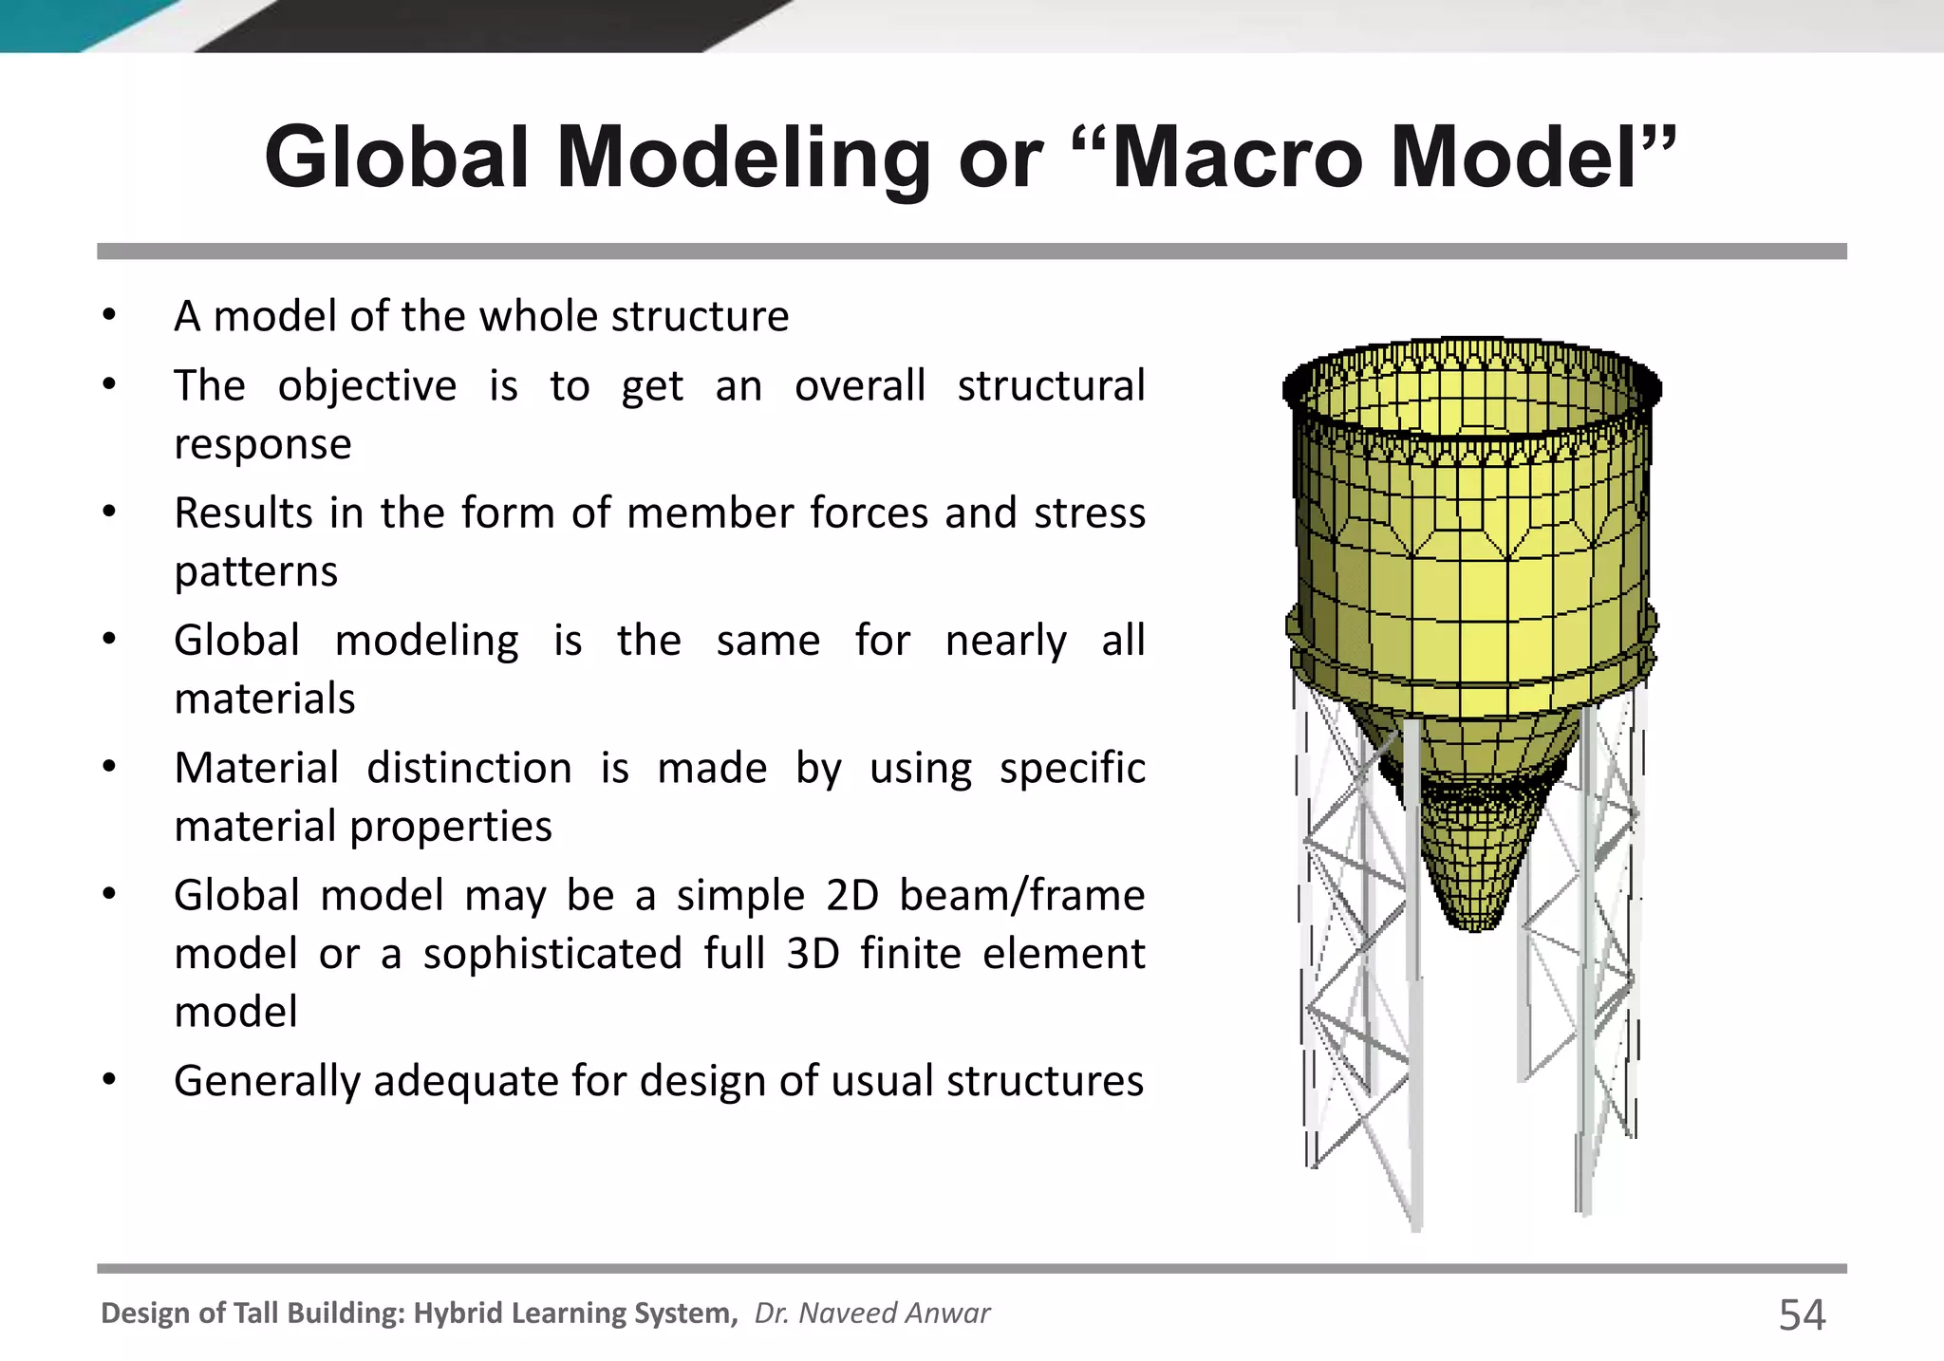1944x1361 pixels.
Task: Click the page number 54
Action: click(1801, 1314)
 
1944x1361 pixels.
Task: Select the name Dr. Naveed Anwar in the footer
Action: click(871, 1313)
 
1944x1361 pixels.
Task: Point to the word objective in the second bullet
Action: click(366, 386)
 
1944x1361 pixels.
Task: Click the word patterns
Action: click(256, 571)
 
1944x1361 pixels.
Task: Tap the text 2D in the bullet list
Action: click(852, 895)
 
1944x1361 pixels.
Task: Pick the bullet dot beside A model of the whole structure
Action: click(109, 315)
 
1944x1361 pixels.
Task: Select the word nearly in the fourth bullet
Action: click(1005, 641)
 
